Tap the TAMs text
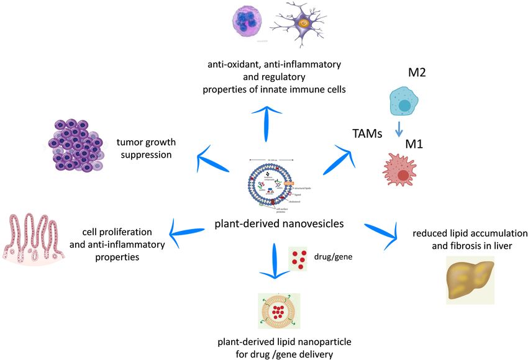pyautogui.click(x=366, y=132)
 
